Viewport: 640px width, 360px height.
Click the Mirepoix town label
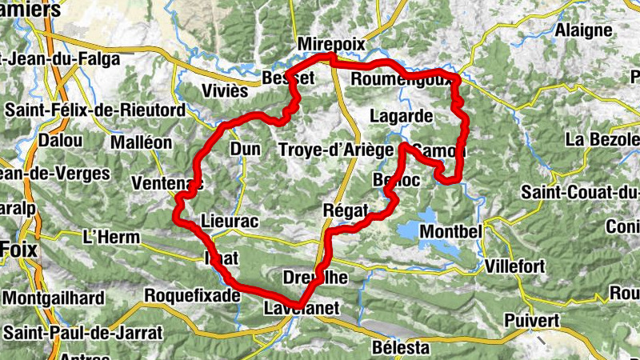click(x=330, y=43)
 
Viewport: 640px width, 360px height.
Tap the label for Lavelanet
click(x=302, y=308)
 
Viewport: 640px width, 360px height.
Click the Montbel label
click(x=450, y=230)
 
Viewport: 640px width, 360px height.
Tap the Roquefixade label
click(x=191, y=295)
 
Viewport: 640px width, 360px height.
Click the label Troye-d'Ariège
click(x=336, y=150)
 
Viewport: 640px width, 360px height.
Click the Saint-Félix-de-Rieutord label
click(x=94, y=110)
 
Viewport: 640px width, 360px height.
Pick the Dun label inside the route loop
click(x=246, y=149)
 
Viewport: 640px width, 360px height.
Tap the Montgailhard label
click(x=54, y=298)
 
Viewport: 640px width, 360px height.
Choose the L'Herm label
click(x=111, y=237)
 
